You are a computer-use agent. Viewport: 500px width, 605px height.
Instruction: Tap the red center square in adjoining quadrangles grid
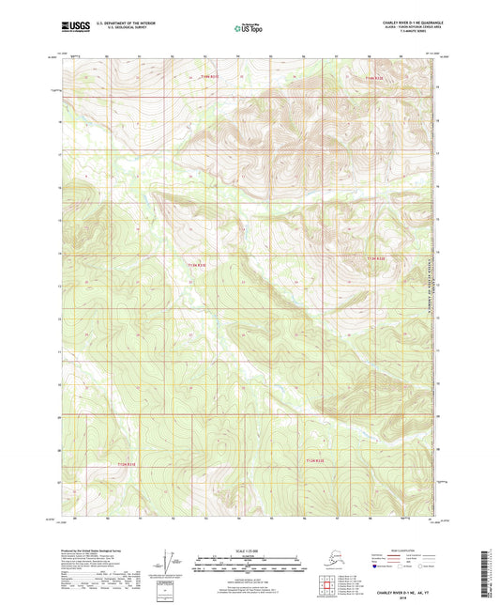point(326,590)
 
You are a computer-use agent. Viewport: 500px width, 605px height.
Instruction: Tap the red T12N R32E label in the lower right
point(321,460)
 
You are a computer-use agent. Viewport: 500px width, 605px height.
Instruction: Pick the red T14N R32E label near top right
point(374,78)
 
